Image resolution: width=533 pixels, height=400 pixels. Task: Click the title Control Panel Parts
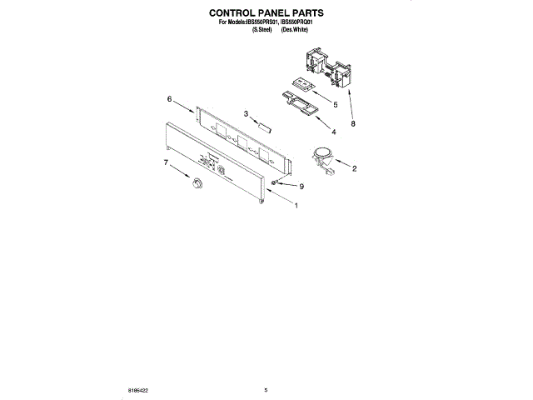coord(266,14)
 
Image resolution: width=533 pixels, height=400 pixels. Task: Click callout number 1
coord(297,206)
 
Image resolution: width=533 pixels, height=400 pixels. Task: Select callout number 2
coord(355,169)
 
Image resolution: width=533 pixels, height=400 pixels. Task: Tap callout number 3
coord(247,114)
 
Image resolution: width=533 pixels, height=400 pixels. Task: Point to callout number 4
coord(334,132)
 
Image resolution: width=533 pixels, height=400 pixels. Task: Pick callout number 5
coord(334,105)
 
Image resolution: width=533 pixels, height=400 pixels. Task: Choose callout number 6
coord(169,99)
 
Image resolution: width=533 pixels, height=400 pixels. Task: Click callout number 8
coord(354,123)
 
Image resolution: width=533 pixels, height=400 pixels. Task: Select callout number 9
coord(302,187)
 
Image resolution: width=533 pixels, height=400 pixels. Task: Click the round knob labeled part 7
coord(197,182)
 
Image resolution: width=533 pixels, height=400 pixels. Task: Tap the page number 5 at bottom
coord(266,389)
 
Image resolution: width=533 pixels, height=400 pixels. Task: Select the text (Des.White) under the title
coord(294,29)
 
